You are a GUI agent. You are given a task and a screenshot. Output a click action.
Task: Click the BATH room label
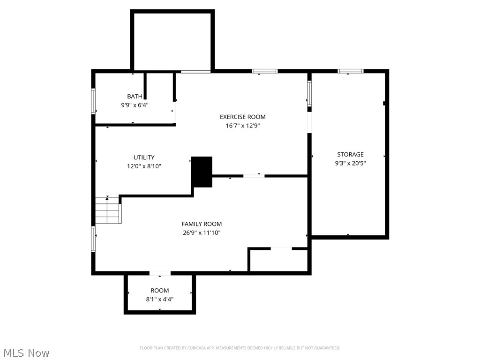(x=135, y=97)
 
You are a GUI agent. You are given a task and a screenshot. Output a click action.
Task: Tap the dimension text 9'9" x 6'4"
(x=135, y=105)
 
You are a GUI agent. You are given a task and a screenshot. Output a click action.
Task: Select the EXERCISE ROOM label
(x=242, y=117)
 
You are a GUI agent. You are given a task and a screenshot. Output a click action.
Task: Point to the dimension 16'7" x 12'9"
(x=242, y=126)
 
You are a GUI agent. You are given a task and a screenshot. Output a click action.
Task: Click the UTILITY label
(x=144, y=157)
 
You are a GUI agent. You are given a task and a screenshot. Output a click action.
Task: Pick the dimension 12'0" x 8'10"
(x=144, y=166)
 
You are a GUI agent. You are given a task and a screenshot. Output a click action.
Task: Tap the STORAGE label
(x=350, y=154)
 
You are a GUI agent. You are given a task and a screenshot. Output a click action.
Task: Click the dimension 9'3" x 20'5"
(x=350, y=163)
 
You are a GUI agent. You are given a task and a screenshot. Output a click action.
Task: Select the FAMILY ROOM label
(x=202, y=224)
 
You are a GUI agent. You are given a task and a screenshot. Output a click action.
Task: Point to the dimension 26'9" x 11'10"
(x=202, y=232)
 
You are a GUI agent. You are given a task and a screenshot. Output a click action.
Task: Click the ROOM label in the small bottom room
(x=159, y=291)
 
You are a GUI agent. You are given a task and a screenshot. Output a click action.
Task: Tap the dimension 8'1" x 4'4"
(x=159, y=299)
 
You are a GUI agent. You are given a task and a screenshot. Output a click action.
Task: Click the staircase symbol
(x=108, y=210)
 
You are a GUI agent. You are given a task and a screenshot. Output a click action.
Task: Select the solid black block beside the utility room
(x=202, y=172)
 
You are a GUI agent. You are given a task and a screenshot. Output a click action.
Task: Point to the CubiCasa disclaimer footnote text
(x=240, y=348)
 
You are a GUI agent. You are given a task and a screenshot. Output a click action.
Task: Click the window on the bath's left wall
(x=93, y=101)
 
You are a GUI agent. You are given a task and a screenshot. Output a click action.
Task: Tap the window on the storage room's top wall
(x=350, y=71)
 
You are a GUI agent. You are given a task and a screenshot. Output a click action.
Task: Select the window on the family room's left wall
(x=93, y=239)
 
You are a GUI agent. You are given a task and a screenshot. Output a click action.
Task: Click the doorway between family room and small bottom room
(x=160, y=273)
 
